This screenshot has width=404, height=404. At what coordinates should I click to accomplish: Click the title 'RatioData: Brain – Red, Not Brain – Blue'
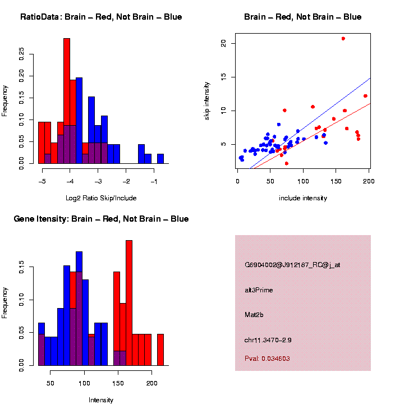[101, 17]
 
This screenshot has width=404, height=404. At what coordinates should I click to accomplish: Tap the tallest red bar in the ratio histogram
[67, 101]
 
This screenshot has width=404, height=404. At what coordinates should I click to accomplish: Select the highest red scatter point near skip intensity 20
[343, 39]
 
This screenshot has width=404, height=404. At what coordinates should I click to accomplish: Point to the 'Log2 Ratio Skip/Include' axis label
[101, 198]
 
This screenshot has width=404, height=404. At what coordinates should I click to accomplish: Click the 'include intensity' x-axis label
[303, 198]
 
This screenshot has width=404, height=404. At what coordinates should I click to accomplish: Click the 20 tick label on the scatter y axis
[223, 43]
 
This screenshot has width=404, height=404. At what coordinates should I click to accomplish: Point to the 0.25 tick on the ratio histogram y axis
[22, 53]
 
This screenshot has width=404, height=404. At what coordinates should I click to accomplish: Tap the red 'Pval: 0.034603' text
[267, 359]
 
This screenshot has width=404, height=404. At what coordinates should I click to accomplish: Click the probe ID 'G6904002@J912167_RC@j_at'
[292, 265]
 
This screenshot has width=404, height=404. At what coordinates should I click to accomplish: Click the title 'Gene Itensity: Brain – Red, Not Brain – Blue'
[101, 219]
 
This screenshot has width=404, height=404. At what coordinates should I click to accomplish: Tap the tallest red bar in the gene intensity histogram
[129, 303]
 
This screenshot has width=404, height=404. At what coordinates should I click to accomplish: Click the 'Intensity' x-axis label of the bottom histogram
[101, 400]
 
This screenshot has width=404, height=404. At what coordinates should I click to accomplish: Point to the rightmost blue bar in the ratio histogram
[160, 159]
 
